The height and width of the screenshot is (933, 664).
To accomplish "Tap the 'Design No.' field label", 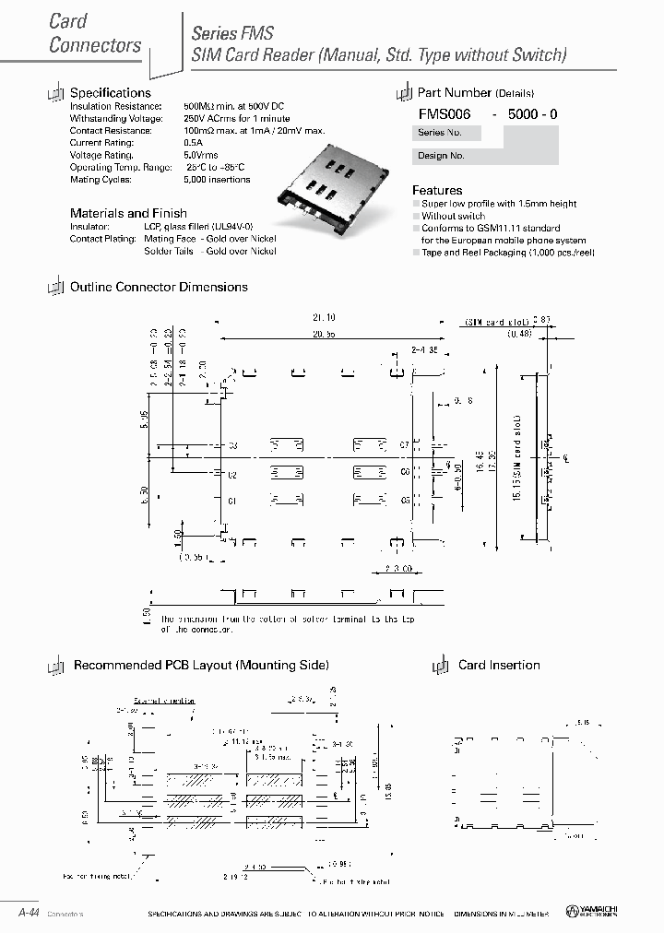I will click(440, 156).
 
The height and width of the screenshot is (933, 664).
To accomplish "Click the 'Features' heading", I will click(437, 190).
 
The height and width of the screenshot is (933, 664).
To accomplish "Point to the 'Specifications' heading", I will click(111, 93).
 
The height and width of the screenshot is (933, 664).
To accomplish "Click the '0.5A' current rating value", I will click(194, 143).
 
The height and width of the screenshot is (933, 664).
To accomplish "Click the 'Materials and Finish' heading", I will click(128, 213).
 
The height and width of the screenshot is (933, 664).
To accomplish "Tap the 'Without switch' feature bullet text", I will click(454, 216).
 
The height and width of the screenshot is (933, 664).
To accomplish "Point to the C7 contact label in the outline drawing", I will click(404, 445).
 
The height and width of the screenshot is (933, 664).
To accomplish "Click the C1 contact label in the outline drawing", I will click(232, 501).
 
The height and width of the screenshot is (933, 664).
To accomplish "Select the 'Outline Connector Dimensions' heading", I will click(159, 287).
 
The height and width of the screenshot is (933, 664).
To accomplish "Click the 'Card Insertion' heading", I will click(499, 665).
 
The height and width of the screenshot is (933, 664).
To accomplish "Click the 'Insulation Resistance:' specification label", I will click(116, 107).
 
